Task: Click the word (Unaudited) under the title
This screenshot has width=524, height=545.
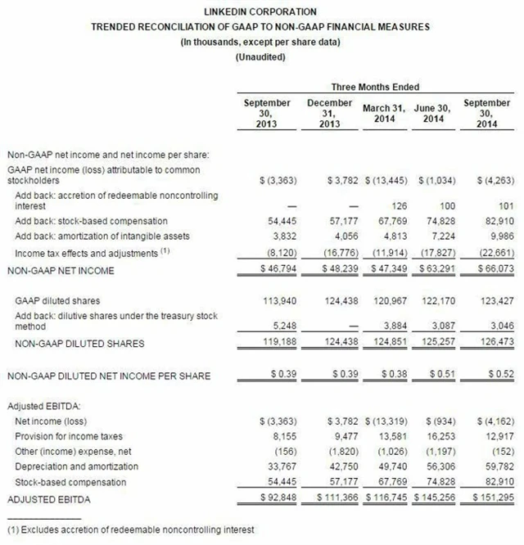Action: click(260, 57)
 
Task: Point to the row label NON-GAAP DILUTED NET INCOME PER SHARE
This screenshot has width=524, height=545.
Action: click(107, 376)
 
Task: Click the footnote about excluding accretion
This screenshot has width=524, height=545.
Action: click(130, 530)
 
